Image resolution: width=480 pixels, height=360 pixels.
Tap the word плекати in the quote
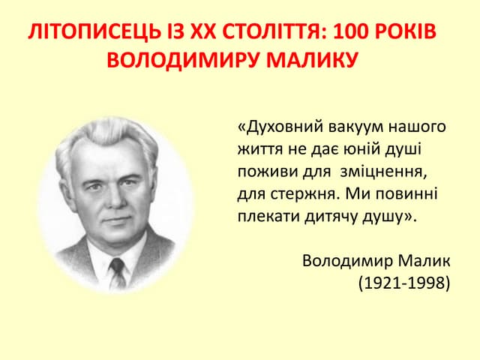click(x=265, y=217)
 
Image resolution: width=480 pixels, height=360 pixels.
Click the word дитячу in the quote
click(x=331, y=217)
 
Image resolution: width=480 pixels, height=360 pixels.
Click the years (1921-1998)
click(x=403, y=283)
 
